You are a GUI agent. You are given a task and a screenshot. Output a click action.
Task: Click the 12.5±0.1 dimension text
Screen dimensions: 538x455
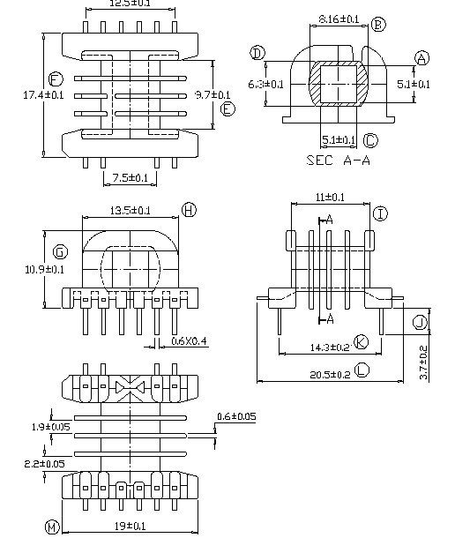click(129, 4)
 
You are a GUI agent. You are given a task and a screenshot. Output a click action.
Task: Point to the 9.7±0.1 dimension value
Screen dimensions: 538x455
click(213, 94)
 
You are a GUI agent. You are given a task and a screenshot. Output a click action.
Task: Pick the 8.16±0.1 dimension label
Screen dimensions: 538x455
click(339, 19)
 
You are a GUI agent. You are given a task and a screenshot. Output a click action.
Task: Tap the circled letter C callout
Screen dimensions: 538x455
click(370, 140)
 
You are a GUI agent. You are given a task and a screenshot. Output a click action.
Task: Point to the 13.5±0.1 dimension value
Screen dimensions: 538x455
click(130, 210)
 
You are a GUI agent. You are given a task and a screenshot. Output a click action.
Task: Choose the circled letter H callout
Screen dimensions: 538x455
click(189, 209)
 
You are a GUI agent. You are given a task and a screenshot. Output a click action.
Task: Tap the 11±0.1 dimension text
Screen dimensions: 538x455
click(329, 198)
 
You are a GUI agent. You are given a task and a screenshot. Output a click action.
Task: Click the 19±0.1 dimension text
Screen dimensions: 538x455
click(130, 527)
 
